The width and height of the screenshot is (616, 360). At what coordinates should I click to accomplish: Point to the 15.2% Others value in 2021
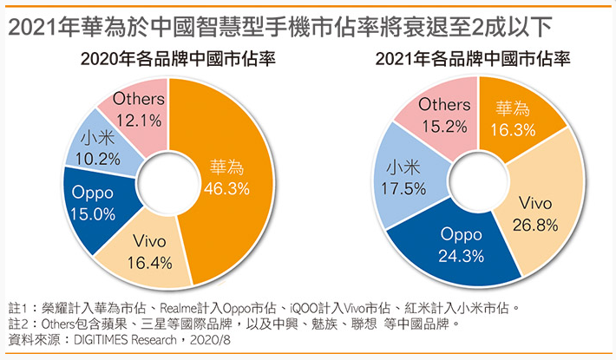click(444, 125)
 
